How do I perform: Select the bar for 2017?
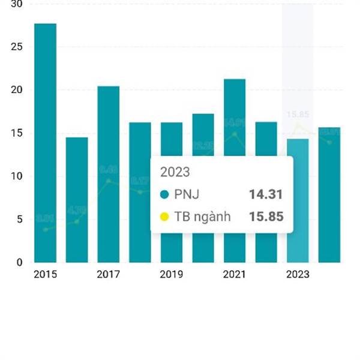[x=108, y=174]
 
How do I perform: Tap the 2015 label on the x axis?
[x=45, y=275]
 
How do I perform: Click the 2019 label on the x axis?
[x=171, y=275]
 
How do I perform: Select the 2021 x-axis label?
[x=234, y=275]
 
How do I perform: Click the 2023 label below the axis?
[x=298, y=275]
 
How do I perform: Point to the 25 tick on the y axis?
[x=16, y=47]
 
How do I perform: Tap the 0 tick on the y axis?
[x=19, y=263]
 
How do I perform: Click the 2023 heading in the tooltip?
[x=175, y=172]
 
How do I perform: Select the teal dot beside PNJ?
[x=165, y=194]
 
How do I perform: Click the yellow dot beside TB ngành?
[x=165, y=217]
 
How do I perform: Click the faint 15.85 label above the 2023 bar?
[x=298, y=115]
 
